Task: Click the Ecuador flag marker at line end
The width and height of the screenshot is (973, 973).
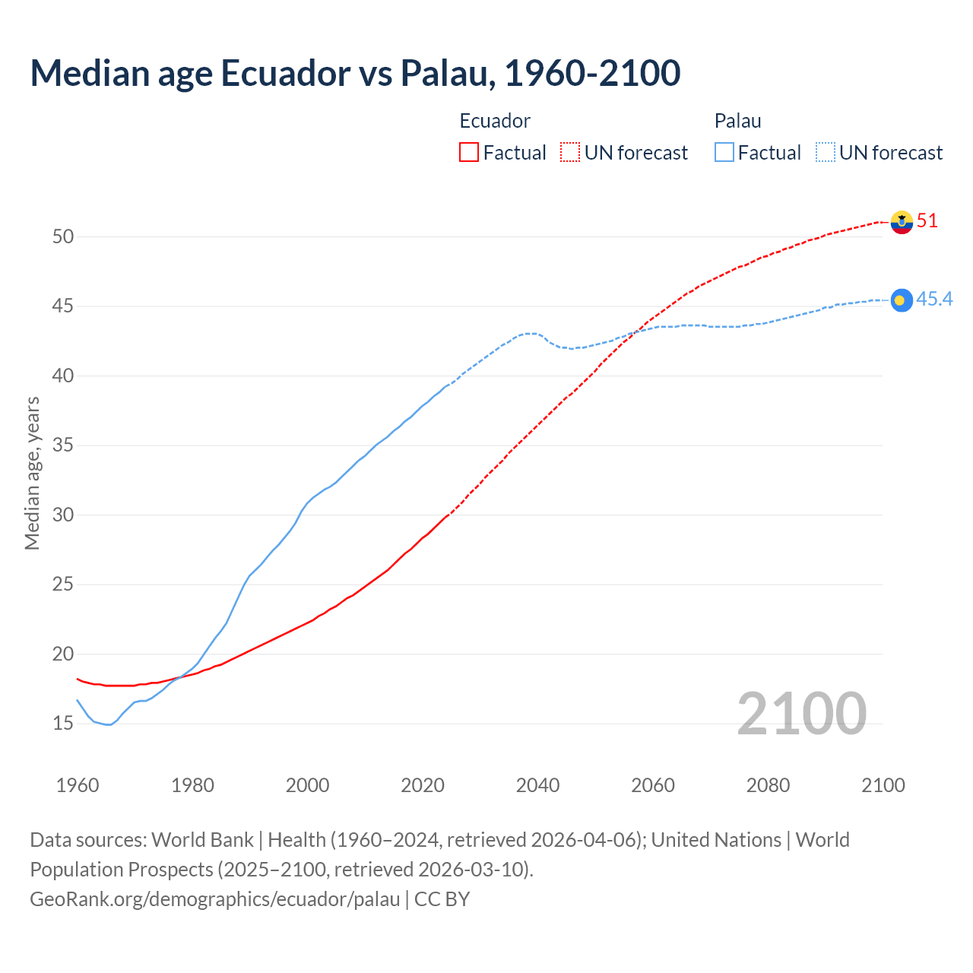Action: coord(902,222)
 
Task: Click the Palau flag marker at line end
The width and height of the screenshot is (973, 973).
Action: coord(902,300)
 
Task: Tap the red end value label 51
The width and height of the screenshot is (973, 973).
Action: coord(927,221)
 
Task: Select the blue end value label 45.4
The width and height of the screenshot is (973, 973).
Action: coord(934,300)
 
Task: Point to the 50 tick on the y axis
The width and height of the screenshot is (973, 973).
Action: coord(63,236)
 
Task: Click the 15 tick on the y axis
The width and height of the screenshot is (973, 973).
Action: coord(63,724)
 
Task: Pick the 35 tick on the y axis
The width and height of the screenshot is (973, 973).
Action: coord(63,445)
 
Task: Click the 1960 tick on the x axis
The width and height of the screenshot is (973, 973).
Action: coord(78,785)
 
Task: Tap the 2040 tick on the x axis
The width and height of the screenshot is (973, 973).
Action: coord(537,785)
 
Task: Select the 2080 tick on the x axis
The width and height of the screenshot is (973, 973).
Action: coord(768,785)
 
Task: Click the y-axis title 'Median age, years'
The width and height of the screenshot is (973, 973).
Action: coord(32,473)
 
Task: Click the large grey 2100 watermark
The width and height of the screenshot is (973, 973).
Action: coord(801,713)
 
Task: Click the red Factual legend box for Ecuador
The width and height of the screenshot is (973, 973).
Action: coord(469,153)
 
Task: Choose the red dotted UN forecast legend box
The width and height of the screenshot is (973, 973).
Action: coord(570,153)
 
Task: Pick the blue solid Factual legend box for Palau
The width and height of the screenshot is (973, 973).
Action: coord(724,153)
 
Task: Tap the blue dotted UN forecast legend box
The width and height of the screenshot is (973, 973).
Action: coord(826,153)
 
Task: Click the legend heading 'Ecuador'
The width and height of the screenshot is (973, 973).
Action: coord(495,121)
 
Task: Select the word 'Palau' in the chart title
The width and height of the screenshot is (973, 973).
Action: coord(446,73)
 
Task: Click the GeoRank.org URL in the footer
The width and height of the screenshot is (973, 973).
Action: coord(214,899)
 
